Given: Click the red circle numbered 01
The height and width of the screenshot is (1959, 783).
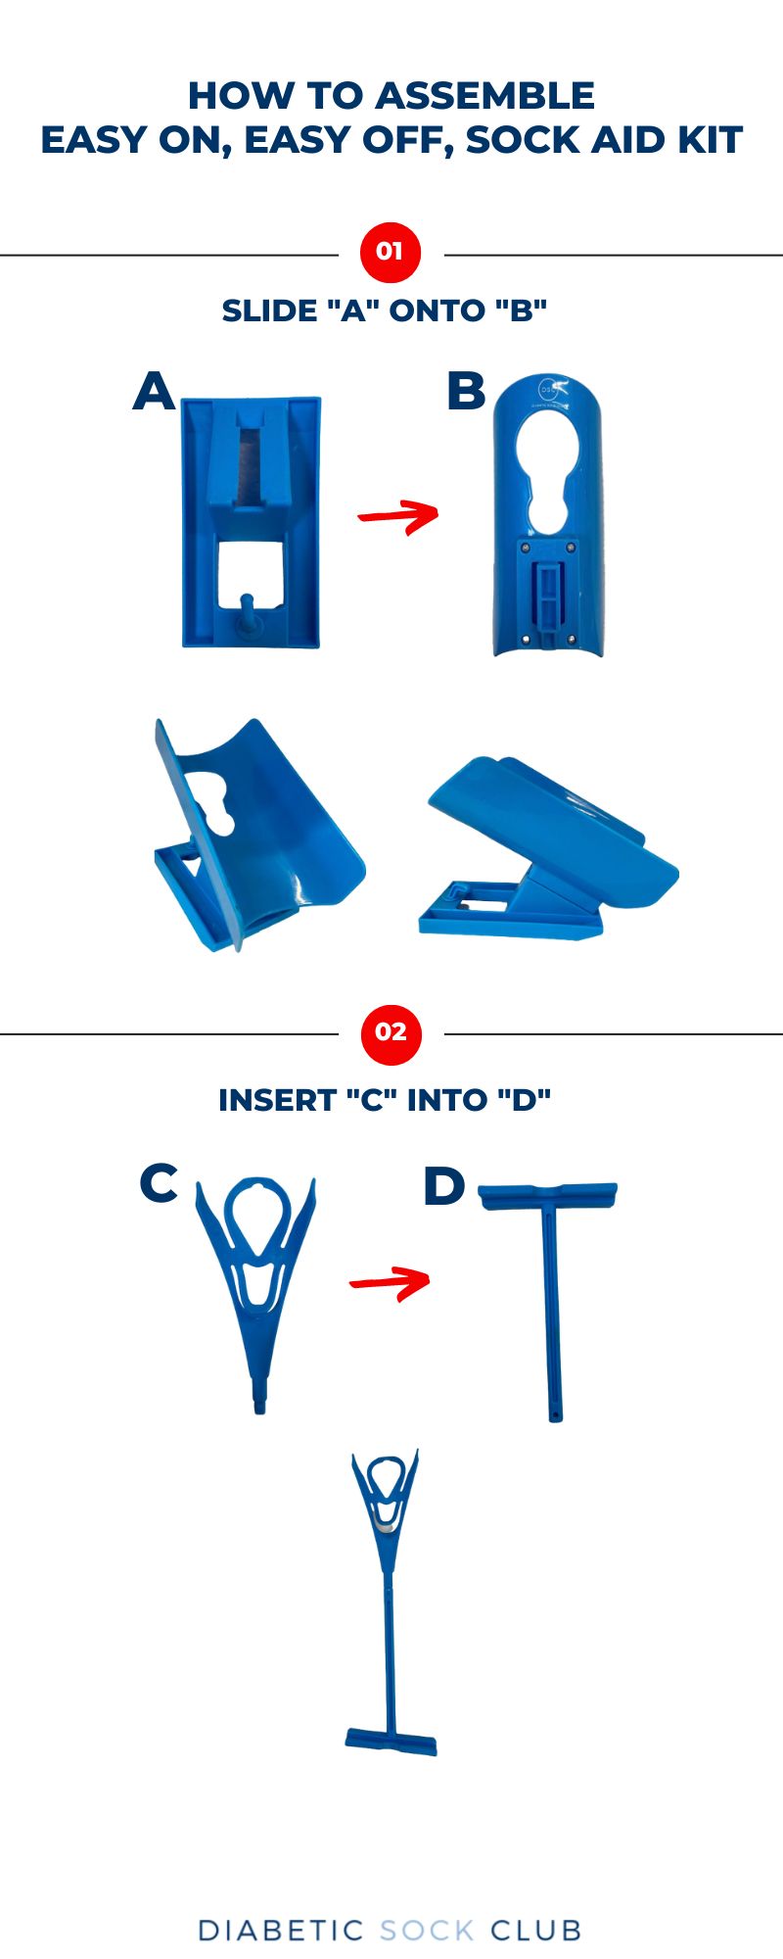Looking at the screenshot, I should click(391, 252).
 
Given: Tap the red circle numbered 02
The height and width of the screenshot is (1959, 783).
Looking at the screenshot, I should click(391, 1032).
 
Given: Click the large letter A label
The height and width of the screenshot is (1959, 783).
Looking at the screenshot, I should click(154, 391).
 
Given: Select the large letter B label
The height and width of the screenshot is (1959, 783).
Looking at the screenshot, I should click(466, 391).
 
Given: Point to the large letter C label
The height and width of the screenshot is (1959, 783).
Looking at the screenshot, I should click(159, 1182).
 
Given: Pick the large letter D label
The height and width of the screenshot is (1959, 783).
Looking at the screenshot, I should click(443, 1186).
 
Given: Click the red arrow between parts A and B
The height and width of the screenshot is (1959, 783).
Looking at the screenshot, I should click(398, 515).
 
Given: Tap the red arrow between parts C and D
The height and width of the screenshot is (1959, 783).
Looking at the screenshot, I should click(391, 1280).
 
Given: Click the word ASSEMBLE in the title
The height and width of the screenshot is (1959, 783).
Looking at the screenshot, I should click(484, 96).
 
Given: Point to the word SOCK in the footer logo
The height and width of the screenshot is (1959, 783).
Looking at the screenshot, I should click(427, 1931).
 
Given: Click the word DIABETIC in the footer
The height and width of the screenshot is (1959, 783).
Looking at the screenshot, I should click(281, 1931).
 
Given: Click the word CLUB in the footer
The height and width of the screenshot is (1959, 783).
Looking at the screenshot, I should click(536, 1931).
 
